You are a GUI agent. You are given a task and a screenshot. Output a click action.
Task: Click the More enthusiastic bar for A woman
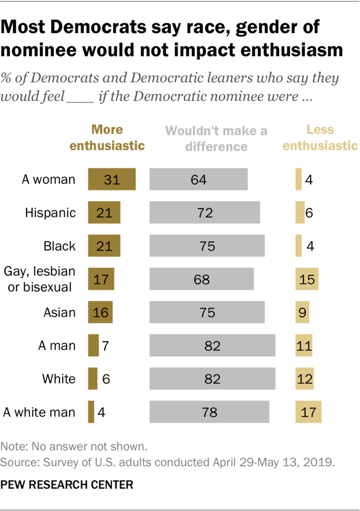pos(111,179)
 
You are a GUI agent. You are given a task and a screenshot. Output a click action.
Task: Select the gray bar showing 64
pos(199,179)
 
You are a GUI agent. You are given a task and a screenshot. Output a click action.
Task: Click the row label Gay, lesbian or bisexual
pos(39,279)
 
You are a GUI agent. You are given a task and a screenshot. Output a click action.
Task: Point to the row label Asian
pos(59,312)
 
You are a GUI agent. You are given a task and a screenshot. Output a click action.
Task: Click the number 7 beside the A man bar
pos(106,346)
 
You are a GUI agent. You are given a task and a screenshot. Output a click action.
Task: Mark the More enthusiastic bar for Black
pos(104,246)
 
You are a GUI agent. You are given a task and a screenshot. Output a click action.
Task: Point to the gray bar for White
pos(213,379)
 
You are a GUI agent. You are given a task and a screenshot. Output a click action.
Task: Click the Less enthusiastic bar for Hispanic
pos(300,213)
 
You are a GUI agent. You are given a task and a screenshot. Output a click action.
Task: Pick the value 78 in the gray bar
pos(209,413)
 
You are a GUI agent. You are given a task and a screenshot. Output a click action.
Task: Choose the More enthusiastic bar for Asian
pos(100,312)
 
